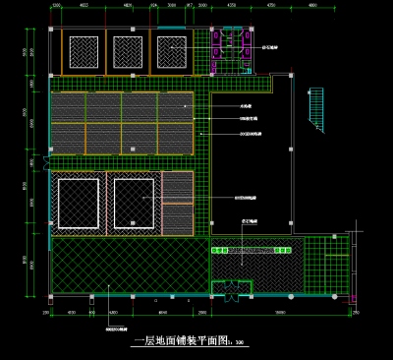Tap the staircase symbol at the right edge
click(316, 108)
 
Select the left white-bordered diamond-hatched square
click(78, 203)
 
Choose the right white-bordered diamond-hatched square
click(133, 203)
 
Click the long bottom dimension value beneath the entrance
click(280, 313)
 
